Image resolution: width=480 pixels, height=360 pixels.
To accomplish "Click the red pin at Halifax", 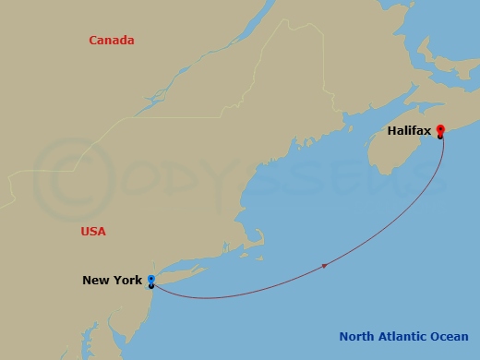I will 440,129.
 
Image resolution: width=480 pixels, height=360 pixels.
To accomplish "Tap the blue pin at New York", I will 150,278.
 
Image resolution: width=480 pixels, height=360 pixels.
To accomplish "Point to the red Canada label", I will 112,41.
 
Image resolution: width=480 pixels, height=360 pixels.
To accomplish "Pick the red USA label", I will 93,233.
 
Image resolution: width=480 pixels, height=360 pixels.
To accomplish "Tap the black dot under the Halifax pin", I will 440,137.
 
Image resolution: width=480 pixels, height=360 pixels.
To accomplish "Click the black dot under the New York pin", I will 150,285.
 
